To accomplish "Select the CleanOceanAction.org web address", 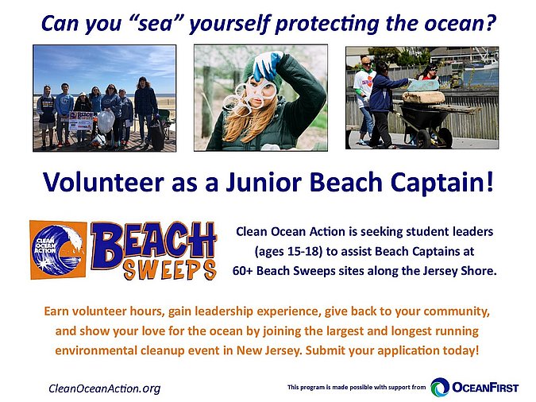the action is click(105, 388).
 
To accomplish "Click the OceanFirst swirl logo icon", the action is click(440, 387).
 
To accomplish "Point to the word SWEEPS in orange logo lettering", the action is click(170, 270).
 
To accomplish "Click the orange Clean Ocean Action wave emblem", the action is click(58, 249).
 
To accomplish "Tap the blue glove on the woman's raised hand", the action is click(268, 65).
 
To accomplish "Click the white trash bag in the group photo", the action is click(106, 121).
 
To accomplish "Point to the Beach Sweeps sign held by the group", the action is click(81, 121).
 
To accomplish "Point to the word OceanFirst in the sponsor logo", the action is click(485, 388).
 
